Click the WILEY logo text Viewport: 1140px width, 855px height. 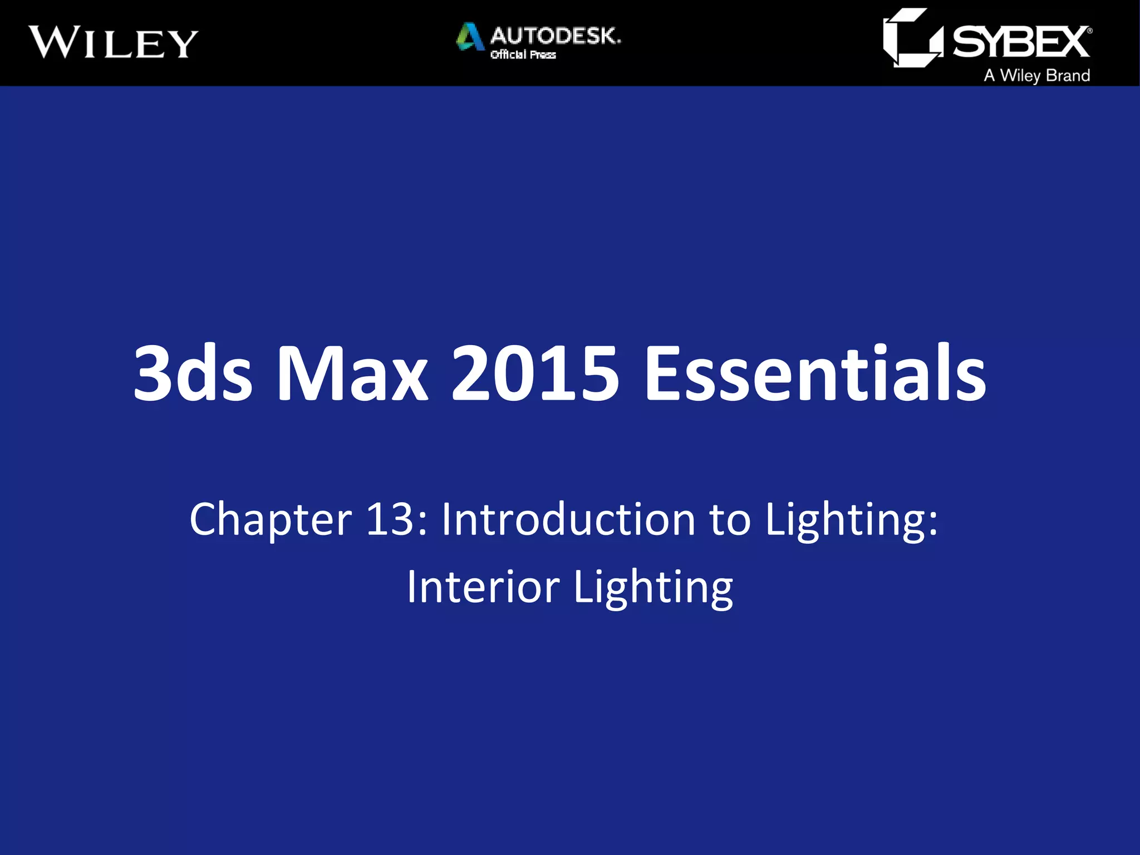coord(114,42)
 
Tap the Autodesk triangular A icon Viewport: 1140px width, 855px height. coord(469,37)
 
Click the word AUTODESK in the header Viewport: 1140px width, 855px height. coord(555,36)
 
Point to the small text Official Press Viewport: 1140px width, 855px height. coord(523,55)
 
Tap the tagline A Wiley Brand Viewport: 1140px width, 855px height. coord(1036,75)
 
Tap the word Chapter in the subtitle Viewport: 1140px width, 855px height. coord(271,519)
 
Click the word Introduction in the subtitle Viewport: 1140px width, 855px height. coord(568,519)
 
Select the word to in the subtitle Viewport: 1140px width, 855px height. coord(730,519)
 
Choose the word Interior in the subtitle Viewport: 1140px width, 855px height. coord(483,587)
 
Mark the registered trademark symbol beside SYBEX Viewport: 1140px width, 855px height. coord(1089,31)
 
